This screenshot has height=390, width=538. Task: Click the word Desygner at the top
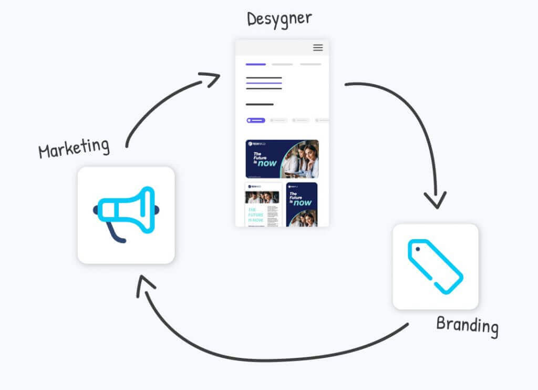pos(279,19)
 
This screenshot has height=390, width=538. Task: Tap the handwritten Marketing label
pos(74,147)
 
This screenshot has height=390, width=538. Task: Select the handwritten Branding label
pos(467,325)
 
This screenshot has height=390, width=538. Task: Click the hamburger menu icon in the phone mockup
pos(318,47)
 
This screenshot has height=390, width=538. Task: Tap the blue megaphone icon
pos(126,210)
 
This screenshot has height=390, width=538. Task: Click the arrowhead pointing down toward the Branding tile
pos(436,200)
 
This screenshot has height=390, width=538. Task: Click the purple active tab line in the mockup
pos(256,64)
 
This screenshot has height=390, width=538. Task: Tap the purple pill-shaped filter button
pos(256,120)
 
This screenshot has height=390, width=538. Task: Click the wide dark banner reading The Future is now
pos(282,159)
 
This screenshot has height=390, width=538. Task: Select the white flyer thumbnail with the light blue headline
pos(262,205)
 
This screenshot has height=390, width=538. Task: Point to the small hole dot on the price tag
pos(416,248)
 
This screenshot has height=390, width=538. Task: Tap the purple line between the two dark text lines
pos(264,83)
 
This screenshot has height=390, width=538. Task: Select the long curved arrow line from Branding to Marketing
pos(273,359)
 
